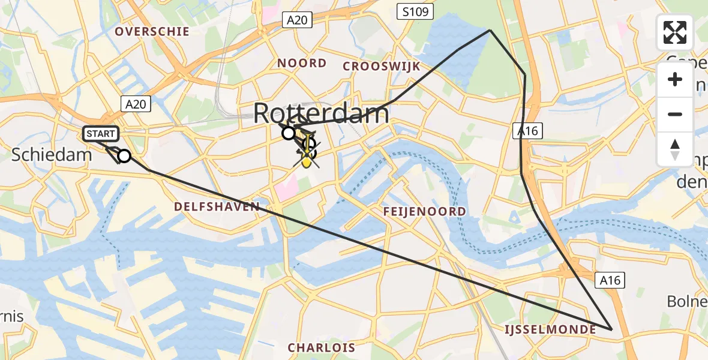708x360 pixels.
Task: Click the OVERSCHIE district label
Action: [152, 31]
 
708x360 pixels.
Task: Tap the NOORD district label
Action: [302, 63]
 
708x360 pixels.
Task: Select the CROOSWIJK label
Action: [381, 66]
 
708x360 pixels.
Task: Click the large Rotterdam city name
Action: [322, 113]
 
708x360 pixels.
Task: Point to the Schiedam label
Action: [52, 155]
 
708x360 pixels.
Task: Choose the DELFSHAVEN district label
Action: [217, 206]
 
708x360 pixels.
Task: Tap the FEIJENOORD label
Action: [425, 211]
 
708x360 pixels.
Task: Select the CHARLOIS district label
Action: [321, 347]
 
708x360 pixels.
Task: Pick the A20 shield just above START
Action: [136, 104]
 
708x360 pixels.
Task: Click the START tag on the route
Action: [101, 133]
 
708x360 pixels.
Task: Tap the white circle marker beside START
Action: [124, 156]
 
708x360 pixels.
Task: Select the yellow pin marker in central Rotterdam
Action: [307, 157]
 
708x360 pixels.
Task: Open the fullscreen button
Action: [675, 32]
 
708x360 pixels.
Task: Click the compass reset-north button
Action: [675, 149]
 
